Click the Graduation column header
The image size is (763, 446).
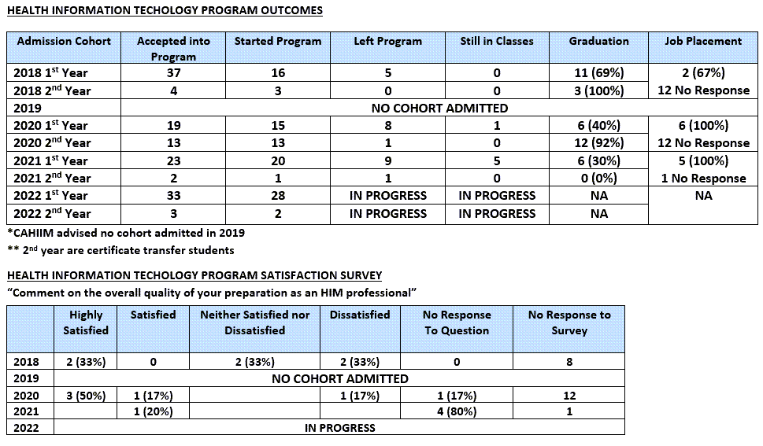[598, 42]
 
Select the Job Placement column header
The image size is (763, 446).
[703, 42]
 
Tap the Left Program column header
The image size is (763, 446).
[388, 42]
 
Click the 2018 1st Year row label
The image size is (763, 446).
[50, 72]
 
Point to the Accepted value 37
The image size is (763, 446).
[173, 73]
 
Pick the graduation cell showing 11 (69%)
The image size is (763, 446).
[598, 73]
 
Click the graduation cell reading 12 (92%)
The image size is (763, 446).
[598, 143]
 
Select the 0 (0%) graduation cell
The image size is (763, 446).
[598, 179]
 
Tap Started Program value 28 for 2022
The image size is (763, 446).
[278, 196]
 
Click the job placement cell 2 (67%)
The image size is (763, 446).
[703, 73]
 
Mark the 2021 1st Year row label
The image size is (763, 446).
[50, 160]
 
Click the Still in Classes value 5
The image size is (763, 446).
[497, 161]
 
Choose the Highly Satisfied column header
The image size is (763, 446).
[86, 323]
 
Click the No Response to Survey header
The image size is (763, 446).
[569, 323]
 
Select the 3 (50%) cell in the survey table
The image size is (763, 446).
[86, 396]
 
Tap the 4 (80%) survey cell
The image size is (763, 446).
[457, 411]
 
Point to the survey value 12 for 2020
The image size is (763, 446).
[569, 396]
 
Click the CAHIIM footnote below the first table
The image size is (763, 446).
[126, 233]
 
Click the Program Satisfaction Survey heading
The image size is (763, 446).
[194, 275]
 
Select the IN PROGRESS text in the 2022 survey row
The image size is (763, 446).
[339, 428]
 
